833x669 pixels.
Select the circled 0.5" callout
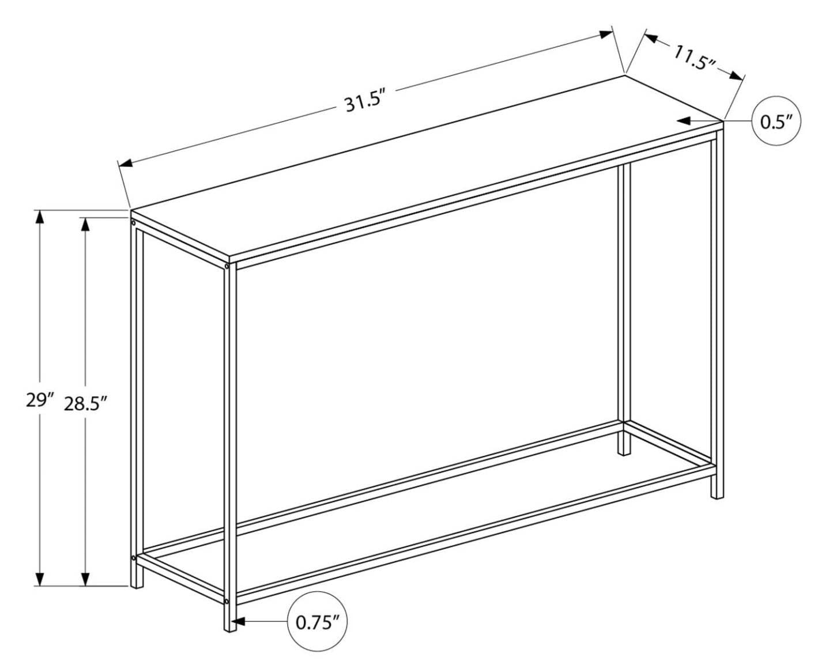pos(776,122)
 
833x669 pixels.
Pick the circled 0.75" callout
pos(317,622)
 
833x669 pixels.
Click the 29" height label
pos(40,399)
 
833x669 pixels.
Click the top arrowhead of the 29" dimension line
pos(40,217)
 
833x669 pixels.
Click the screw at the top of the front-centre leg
pos(227,267)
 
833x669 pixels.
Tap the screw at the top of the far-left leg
pos(134,222)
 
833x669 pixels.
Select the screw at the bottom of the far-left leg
pos(134,558)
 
